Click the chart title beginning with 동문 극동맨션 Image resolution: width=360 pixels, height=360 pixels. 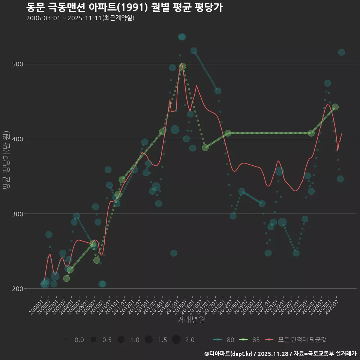pos(124,7)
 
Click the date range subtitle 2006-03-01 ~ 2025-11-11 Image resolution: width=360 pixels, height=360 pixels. pos(80,18)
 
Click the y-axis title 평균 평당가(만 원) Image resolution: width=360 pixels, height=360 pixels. pos(6,161)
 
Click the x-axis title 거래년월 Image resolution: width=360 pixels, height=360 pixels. pos(191,320)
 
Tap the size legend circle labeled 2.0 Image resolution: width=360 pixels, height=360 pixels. pos(176,340)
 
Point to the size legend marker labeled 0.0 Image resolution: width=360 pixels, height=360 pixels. pos(66,340)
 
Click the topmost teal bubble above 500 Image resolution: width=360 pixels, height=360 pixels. pos(182,37)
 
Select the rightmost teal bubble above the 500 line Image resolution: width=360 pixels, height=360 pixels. pos(341,52)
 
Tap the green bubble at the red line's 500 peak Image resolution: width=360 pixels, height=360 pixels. pos(182,66)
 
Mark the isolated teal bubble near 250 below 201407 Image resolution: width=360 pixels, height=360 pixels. pos(174,253)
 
